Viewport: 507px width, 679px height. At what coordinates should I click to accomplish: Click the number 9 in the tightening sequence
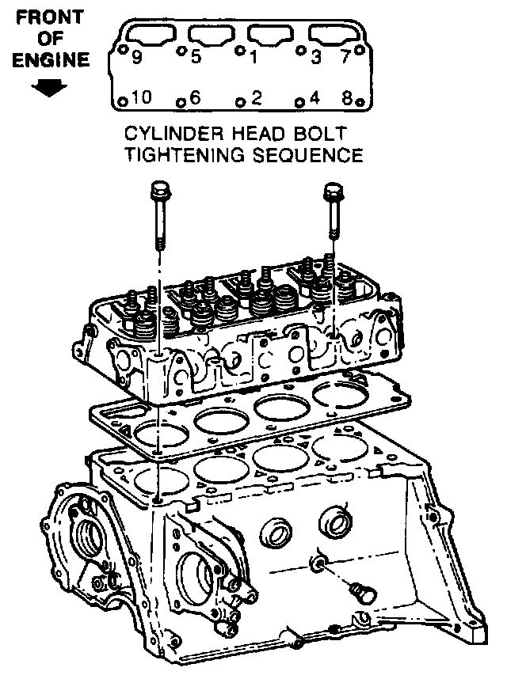[x=137, y=57]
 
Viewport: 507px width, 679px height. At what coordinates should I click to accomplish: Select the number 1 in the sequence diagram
[x=253, y=57]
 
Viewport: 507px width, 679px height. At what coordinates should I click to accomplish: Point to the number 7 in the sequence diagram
[x=345, y=57]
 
